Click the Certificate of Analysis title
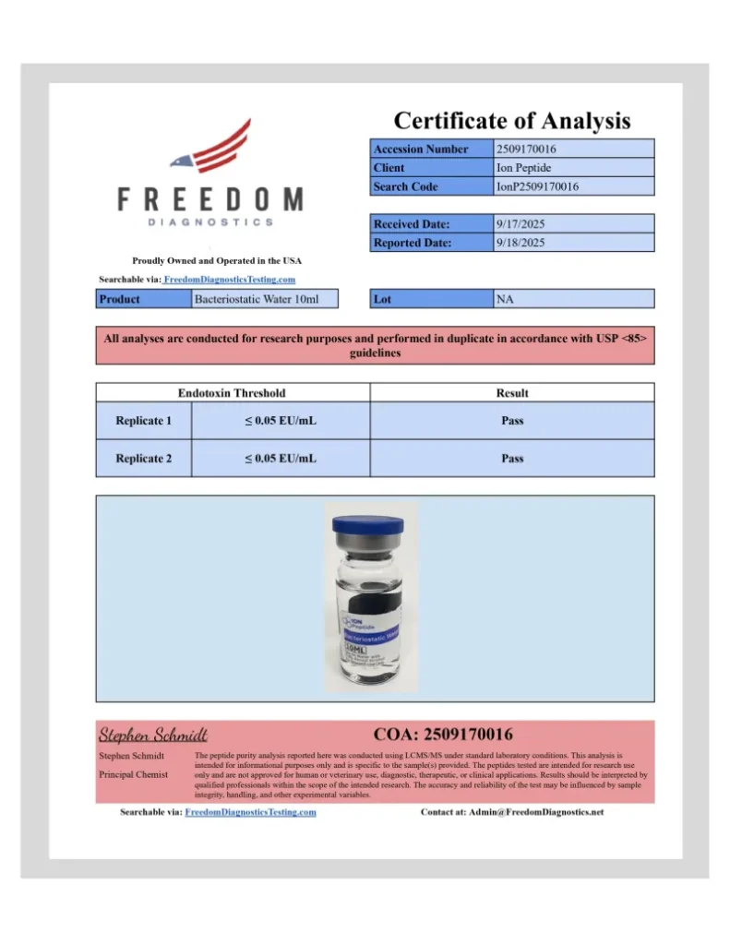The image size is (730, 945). tap(512, 120)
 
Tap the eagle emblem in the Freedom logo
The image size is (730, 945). tap(211, 148)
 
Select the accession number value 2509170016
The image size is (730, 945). tap(526, 149)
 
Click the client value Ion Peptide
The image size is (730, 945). tap(523, 168)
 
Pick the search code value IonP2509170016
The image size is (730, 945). tap(537, 186)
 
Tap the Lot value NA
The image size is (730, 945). tap(505, 299)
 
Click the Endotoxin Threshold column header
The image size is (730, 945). tap(232, 393)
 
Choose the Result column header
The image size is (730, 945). tap(512, 393)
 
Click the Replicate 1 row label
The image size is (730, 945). tap(143, 421)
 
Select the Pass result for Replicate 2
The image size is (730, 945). tap(512, 458)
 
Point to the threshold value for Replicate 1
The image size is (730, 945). tap(281, 421)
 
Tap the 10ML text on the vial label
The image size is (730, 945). tap(356, 650)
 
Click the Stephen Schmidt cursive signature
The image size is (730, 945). tap(153, 736)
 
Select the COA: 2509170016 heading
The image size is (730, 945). tap(443, 735)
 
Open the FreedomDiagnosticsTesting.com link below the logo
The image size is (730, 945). tap(230, 279)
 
